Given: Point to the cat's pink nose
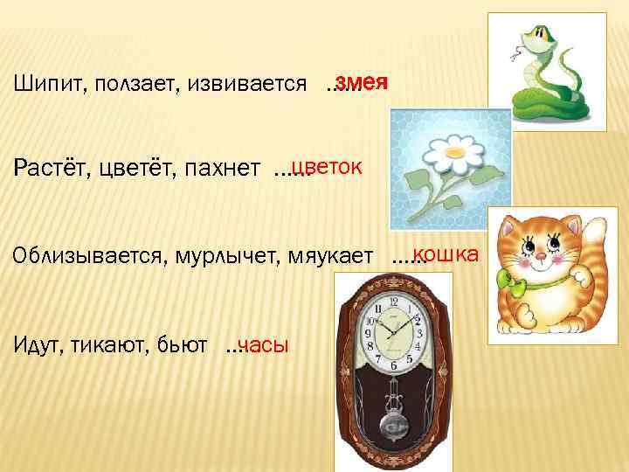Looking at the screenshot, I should point(541,258).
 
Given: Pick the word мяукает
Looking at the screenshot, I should point(335,259).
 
